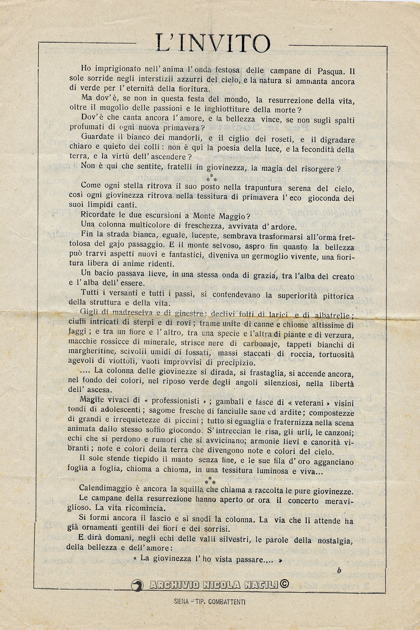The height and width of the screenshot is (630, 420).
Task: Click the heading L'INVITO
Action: click(x=213, y=43)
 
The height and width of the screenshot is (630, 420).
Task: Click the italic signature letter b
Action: click(x=339, y=570)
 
